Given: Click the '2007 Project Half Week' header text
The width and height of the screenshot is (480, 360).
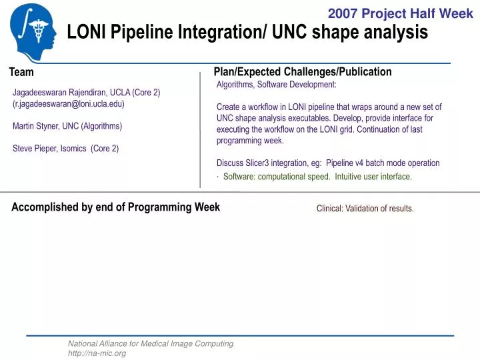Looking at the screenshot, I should click(x=400, y=13).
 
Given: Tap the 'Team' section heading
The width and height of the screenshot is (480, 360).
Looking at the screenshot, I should click(x=21, y=72).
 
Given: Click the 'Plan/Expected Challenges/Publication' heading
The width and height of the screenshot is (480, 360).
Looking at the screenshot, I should click(x=303, y=71).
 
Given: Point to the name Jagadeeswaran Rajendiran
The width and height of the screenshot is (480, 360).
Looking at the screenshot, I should click(x=57, y=92).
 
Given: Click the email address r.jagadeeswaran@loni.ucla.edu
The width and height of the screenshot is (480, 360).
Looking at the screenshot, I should click(x=69, y=104).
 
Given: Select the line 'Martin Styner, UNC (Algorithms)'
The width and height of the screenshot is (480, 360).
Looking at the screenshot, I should click(x=67, y=126).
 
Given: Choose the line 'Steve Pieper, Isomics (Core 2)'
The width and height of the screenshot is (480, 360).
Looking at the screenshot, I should click(x=65, y=149).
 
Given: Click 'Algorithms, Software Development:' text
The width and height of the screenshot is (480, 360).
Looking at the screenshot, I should click(x=277, y=85).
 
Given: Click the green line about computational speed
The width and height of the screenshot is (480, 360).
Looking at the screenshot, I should click(x=317, y=177).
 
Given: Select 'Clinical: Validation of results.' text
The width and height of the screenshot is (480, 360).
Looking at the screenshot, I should click(x=365, y=209).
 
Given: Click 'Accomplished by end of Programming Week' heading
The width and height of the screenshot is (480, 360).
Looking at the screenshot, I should click(x=115, y=207).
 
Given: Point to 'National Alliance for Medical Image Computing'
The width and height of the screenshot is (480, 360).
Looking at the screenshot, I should click(x=151, y=343).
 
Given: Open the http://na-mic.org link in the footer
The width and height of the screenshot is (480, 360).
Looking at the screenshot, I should click(x=97, y=353).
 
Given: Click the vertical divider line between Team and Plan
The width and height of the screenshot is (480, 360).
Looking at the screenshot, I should click(x=200, y=130).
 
